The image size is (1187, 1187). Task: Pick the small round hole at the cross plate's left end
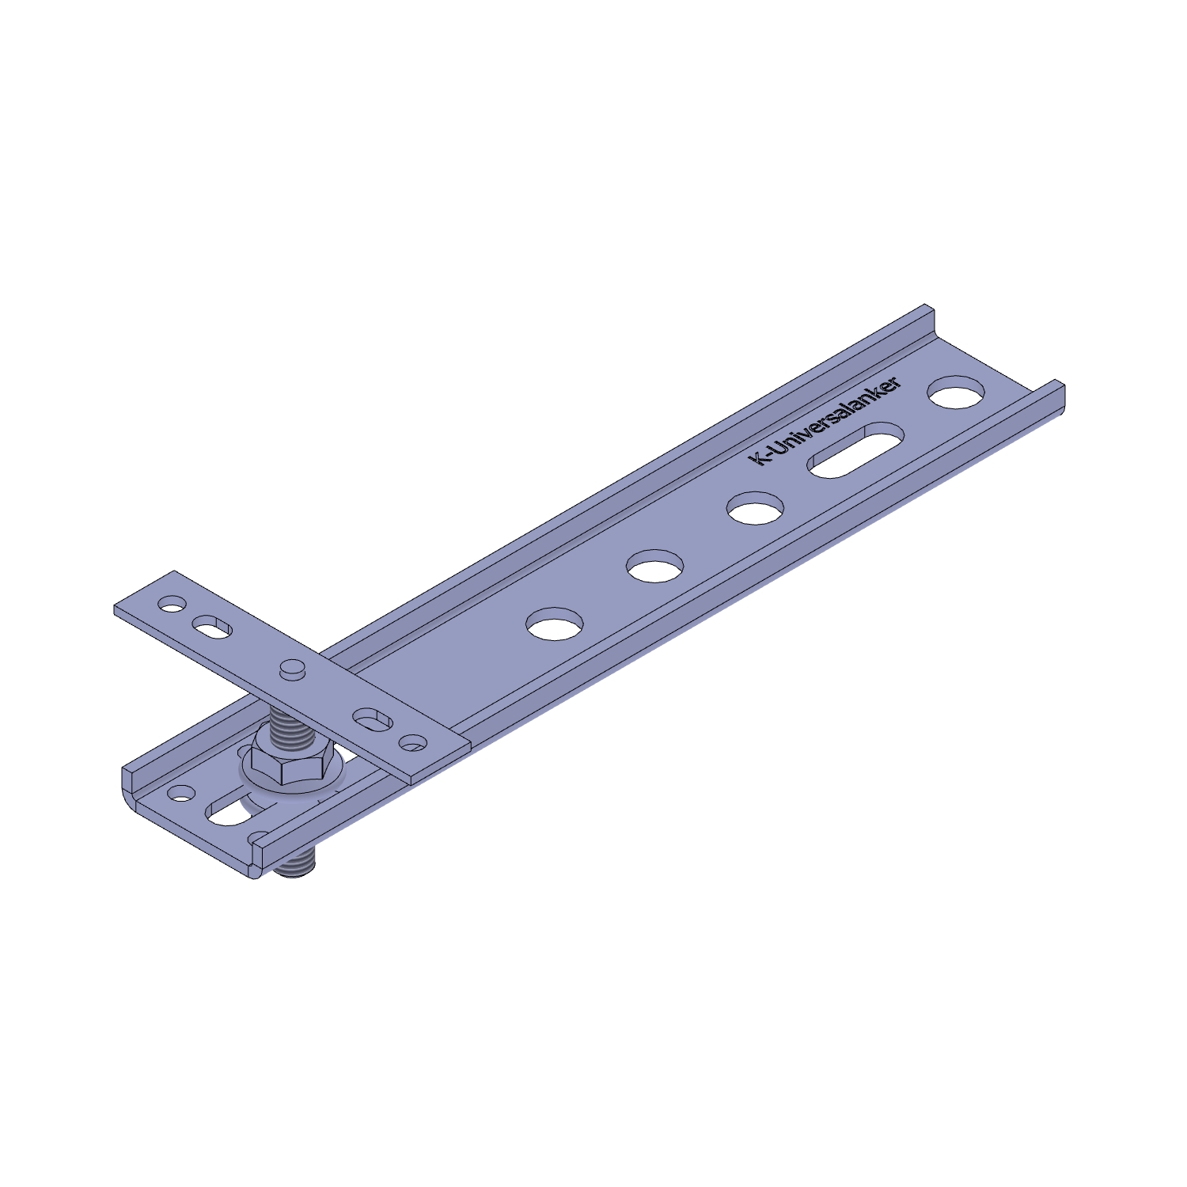point(170,605)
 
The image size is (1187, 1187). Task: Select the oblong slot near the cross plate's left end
point(210,626)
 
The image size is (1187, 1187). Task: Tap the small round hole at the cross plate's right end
point(412,743)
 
